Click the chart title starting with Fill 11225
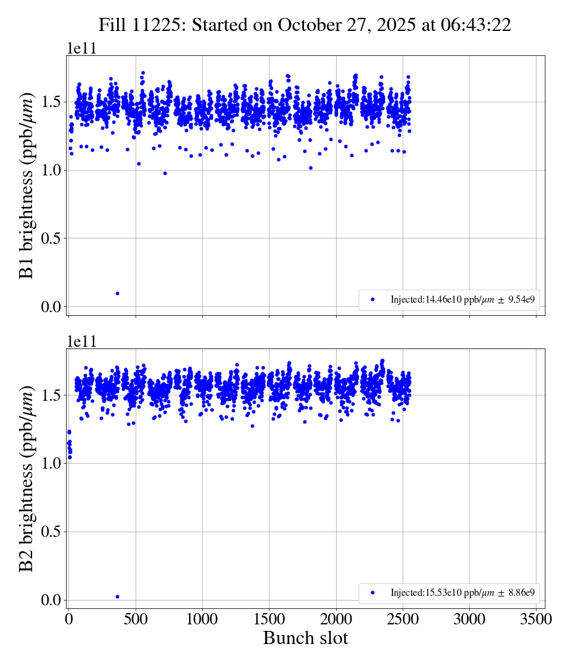pyautogui.click(x=305, y=25)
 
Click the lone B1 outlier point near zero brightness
pyautogui.click(x=117, y=293)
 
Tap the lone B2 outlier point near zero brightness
pyautogui.click(x=117, y=596)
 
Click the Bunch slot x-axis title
pyautogui.click(x=305, y=639)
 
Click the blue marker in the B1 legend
pyautogui.click(x=373, y=300)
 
